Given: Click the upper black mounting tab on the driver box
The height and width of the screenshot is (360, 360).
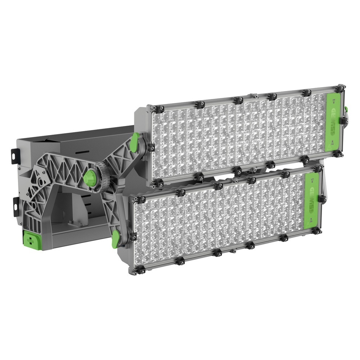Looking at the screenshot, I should tap(14, 156).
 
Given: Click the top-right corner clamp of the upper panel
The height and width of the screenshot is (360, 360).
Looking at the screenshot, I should tap(339, 88).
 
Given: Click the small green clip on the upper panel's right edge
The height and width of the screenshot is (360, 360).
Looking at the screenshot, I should tap(346, 109).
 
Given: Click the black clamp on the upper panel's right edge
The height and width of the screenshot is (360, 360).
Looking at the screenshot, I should tap(343, 121).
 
